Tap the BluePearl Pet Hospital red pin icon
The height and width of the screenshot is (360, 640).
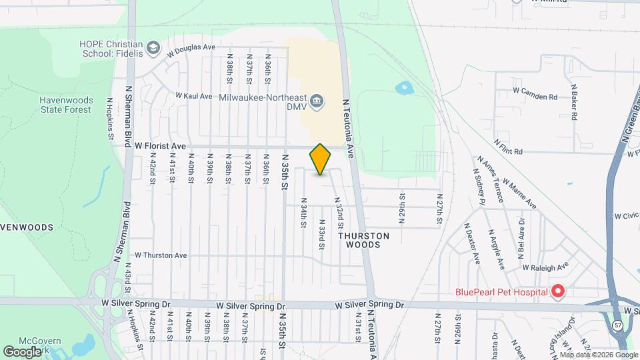[x=558, y=291]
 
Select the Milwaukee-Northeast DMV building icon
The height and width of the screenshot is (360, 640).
[x=317, y=101]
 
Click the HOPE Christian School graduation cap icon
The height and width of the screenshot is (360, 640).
[x=154, y=48]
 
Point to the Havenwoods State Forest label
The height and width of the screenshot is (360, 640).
[x=65, y=105]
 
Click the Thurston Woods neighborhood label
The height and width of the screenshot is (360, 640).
[x=363, y=240]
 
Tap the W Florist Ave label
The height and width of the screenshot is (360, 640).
[x=160, y=145]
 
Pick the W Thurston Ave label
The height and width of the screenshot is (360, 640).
[x=161, y=255]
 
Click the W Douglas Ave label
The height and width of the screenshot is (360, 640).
[x=191, y=48]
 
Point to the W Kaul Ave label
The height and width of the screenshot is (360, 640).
[x=194, y=96]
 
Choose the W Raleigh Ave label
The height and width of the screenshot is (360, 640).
[x=545, y=265]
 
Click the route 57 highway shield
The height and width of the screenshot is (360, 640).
[x=618, y=324]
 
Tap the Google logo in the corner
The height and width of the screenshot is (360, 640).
[x=22, y=351]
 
